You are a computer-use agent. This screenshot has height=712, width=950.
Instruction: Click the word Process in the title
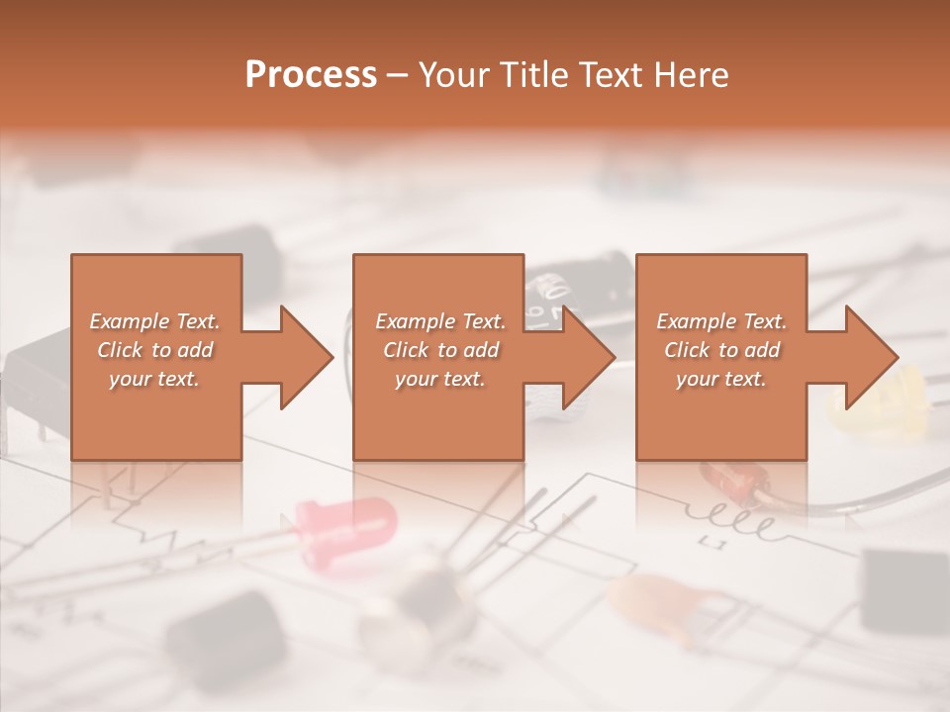click(x=311, y=75)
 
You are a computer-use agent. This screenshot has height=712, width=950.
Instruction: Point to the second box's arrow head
click(x=588, y=357)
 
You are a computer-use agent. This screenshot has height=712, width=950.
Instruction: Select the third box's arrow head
click(x=871, y=357)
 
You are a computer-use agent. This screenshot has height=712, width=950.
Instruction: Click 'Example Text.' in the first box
click(x=155, y=321)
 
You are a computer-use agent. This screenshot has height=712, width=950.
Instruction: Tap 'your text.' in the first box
click(x=155, y=379)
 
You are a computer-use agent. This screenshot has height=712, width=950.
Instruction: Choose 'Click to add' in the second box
click(x=440, y=350)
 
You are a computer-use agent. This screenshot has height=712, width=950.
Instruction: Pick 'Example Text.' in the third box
click(x=721, y=321)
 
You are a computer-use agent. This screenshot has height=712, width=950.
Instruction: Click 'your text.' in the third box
click(x=721, y=379)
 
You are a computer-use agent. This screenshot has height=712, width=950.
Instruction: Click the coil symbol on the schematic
click(x=737, y=519)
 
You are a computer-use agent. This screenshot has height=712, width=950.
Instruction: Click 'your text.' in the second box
click(x=440, y=379)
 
